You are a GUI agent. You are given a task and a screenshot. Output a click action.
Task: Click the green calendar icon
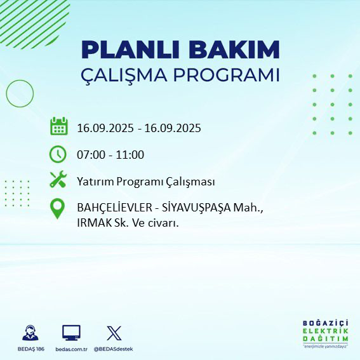(x=58, y=127)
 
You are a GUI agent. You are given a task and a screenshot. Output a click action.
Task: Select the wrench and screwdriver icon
(x=58, y=181)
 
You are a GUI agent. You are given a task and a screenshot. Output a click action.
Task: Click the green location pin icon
(x=58, y=209)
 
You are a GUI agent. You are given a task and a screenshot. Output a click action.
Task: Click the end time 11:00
(x=130, y=155)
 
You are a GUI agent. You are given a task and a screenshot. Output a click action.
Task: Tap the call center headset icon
(x=30, y=333)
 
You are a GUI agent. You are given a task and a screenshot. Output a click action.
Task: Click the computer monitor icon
(x=71, y=333)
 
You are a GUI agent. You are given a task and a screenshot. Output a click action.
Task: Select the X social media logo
(x=114, y=333)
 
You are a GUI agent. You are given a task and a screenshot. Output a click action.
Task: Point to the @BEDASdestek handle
(x=114, y=349)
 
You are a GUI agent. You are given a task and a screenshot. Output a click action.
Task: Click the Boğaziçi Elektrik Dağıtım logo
(x=325, y=333)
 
